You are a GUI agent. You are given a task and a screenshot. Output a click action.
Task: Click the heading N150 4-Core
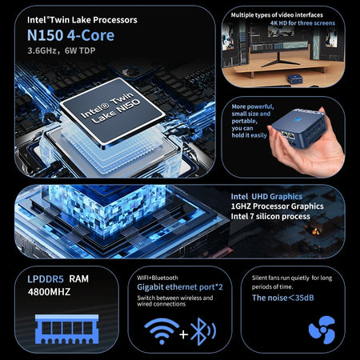point(70,35)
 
